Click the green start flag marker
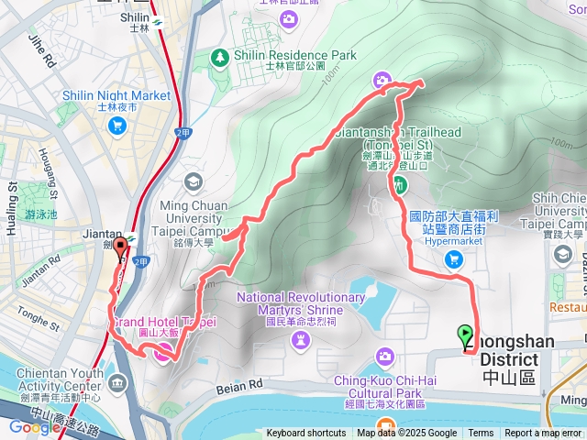click(x=466, y=335)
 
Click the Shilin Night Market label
click(x=116, y=95)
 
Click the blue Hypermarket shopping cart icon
click(x=452, y=260)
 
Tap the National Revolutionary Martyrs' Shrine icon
click(x=301, y=340)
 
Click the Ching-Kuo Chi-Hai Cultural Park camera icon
click(x=385, y=356)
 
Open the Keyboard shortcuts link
click(x=306, y=434)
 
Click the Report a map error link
click(x=544, y=434)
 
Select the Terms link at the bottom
click(x=481, y=434)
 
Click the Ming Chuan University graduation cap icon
click(x=193, y=180)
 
